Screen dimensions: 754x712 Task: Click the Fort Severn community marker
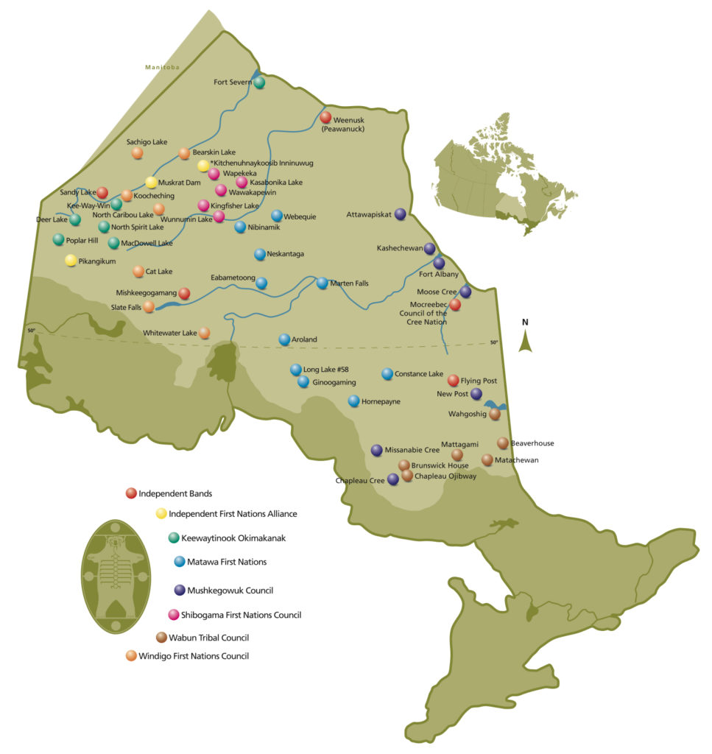[x=259, y=82]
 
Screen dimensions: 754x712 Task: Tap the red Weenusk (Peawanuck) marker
[x=325, y=117]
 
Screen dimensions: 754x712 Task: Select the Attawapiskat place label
[x=370, y=214]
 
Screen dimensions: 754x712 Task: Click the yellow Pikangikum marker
[x=71, y=260]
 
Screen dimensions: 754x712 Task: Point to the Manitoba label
[x=161, y=68]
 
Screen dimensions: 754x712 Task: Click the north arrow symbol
[x=525, y=339]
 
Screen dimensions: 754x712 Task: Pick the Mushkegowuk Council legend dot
[x=180, y=589]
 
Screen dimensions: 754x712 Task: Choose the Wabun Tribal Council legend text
[x=208, y=638]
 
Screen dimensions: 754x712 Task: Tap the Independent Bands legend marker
[x=131, y=493]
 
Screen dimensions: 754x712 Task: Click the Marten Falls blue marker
[x=322, y=283]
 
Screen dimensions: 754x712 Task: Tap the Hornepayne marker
[x=353, y=401]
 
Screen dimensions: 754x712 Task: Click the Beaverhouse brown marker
[x=503, y=443]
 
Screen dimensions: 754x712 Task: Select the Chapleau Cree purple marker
[x=393, y=479]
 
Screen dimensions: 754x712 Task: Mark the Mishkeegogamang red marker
[x=184, y=293]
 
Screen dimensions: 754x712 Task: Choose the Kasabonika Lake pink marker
[x=242, y=182]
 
